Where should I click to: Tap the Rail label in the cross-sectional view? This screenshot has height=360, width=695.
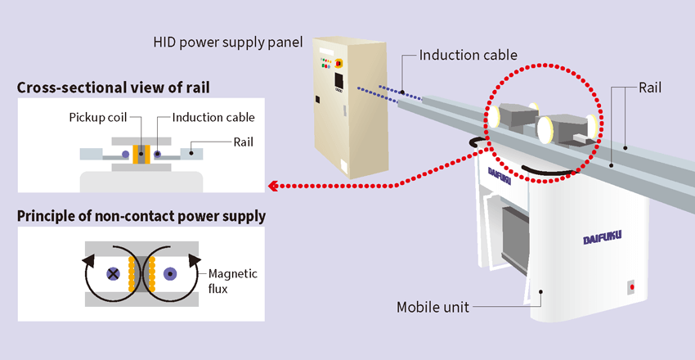point(241,142)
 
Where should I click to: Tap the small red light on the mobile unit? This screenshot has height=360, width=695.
point(630,287)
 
